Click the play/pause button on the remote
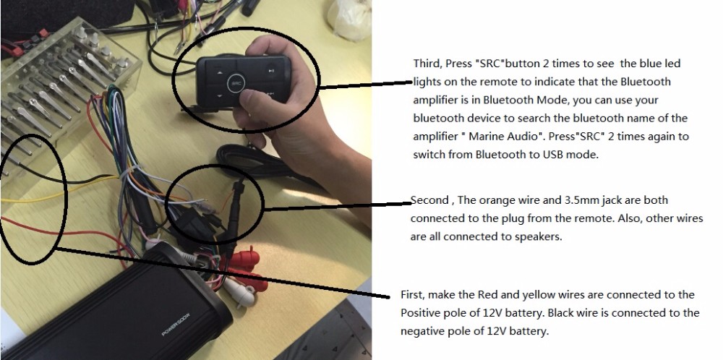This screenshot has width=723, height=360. coord(269,71)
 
